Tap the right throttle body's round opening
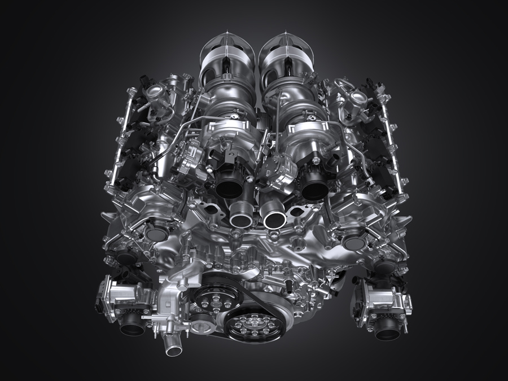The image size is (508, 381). [x=387, y=330]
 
